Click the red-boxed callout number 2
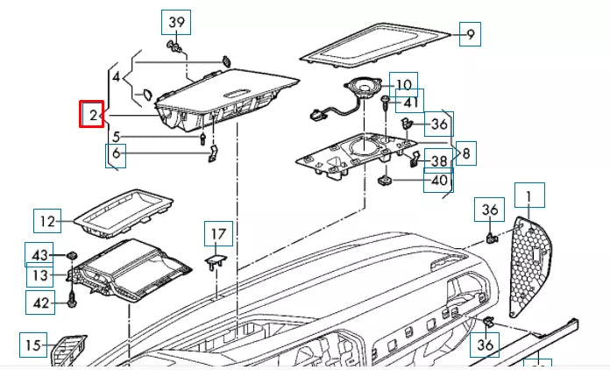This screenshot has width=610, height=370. pyautogui.click(x=92, y=115)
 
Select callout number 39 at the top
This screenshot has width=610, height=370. pyautogui.click(x=177, y=22)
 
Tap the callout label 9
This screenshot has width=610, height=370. pyautogui.click(x=471, y=35)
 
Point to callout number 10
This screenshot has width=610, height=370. pyautogui.click(x=403, y=85)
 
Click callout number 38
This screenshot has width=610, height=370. pyautogui.click(x=439, y=161)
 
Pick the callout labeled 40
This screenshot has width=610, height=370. pyautogui.click(x=439, y=181)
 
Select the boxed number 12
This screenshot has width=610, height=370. pyautogui.click(x=49, y=221)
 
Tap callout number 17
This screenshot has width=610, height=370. pyautogui.click(x=218, y=234)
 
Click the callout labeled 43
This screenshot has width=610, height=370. pyautogui.click(x=39, y=254)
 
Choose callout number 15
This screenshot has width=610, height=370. pyautogui.click(x=32, y=345)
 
